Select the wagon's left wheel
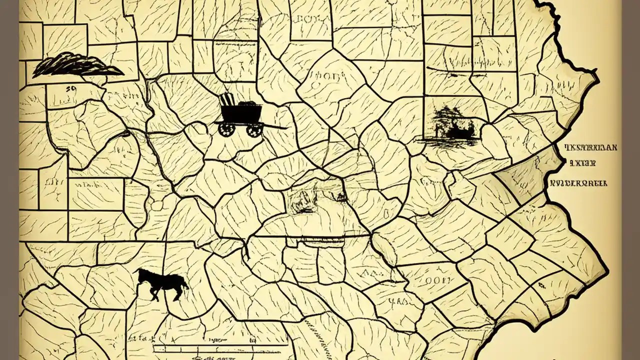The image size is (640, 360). pos(226,129)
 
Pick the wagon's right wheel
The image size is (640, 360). pos(254,130)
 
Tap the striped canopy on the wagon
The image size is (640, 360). pos(227,99)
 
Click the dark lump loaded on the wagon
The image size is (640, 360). pos(247,104)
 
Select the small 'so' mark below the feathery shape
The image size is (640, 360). pos(70,88)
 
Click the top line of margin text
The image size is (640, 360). pos(590,147)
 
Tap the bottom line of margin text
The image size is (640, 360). pos(578,183)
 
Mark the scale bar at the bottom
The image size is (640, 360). pos(220,344)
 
